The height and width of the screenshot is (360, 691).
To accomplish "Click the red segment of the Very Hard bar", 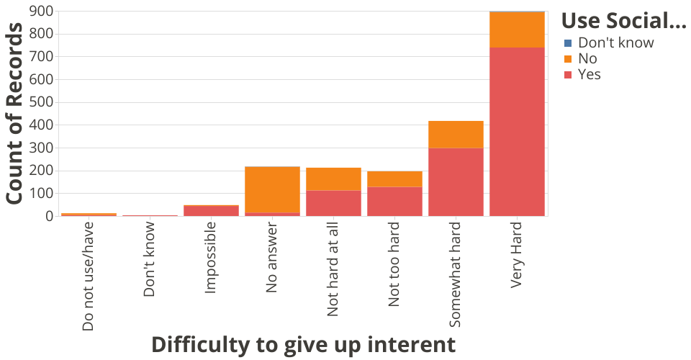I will coord(517,131).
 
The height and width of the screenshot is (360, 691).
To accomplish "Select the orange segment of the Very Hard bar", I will coord(517,30).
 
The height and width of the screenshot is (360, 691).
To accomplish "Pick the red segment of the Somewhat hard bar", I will coord(456,181).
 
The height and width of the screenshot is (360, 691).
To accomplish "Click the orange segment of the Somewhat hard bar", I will coord(456,134).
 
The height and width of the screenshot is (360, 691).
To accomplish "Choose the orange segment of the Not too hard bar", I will coord(394,179).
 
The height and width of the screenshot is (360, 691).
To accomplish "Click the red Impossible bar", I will coord(211,210).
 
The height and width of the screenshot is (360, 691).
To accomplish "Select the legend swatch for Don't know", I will coord(568,43).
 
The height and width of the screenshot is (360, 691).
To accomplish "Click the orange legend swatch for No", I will coord(568,59).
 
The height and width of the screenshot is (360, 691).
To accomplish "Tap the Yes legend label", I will coord(589,75).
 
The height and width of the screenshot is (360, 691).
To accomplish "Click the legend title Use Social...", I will coord(623,21).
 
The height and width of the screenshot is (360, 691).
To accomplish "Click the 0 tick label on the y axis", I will coord(49,216).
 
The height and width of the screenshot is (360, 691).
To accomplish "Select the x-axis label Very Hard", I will coord(517,256).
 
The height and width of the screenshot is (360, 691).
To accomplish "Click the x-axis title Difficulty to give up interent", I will coord(303,344).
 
